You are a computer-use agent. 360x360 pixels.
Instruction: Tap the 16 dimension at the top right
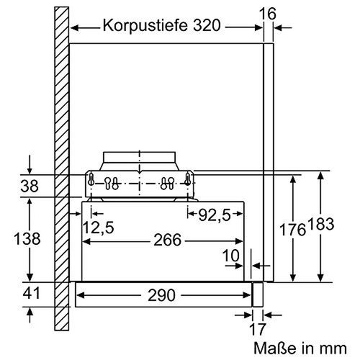269,13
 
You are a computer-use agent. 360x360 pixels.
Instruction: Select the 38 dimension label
29,185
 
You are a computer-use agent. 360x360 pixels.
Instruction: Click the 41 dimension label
30,294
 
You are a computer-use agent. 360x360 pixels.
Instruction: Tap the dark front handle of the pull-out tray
256,294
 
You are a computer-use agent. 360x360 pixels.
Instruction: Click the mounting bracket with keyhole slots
141,183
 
